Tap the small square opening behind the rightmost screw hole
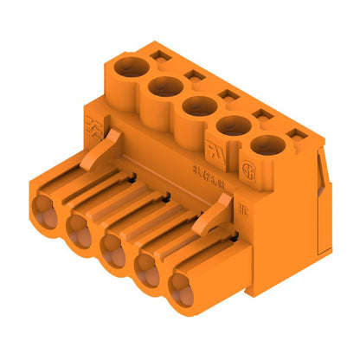(x=296, y=134)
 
